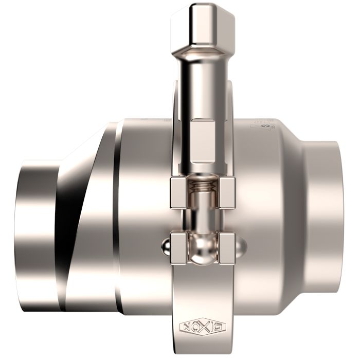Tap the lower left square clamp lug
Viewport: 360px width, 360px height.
[178, 248]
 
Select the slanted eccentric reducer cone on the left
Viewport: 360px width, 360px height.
[85, 216]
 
